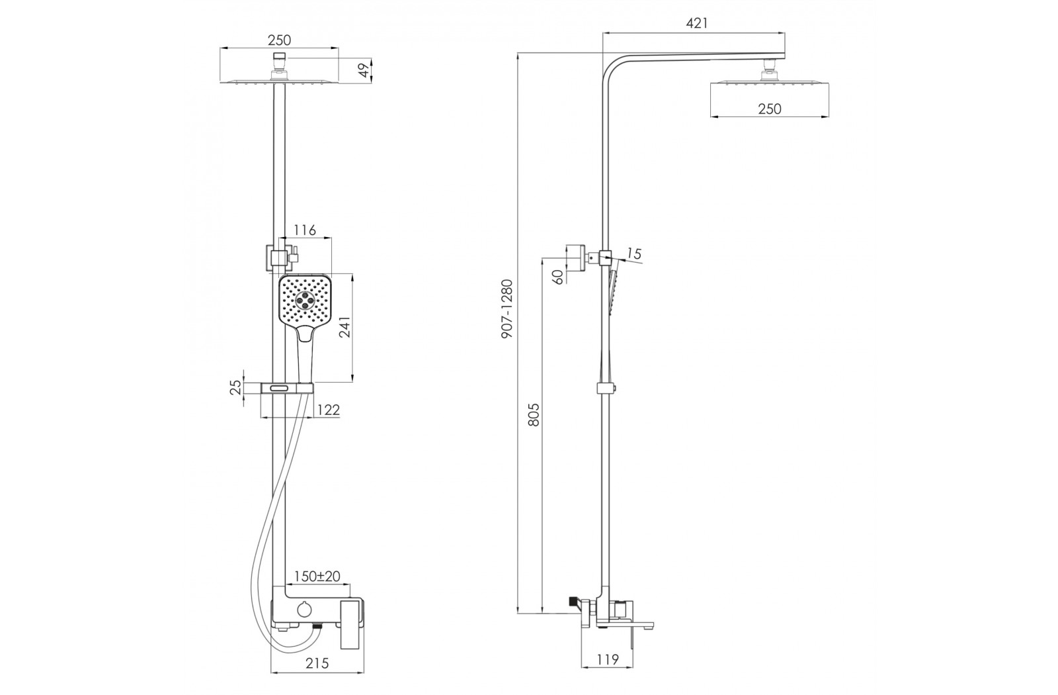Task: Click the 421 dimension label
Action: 697,23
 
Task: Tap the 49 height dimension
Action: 364,71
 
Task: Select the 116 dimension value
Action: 305,230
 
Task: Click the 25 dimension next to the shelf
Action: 237,387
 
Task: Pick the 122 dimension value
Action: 328,410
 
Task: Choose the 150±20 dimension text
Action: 317,577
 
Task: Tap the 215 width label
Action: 317,663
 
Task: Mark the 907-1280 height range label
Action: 507,308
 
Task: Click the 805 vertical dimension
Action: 533,414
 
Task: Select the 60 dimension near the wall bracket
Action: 558,277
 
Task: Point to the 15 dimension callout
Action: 634,254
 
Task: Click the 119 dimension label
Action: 608,659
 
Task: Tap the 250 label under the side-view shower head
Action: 770,109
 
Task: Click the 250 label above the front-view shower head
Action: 280,40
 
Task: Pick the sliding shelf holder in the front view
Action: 287,388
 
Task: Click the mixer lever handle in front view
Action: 352,624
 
